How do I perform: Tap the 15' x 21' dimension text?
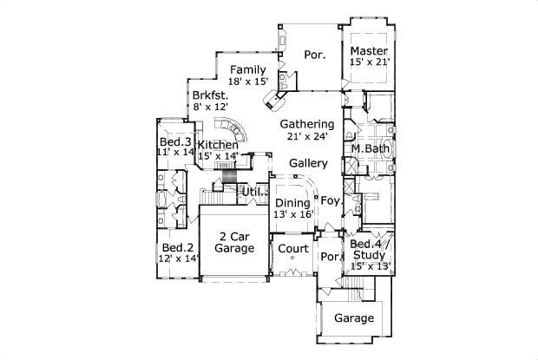pos(371,62)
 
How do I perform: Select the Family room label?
pos(248,69)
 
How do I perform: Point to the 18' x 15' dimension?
pos(248,81)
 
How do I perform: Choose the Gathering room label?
pos(307,124)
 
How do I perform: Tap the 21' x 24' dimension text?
pos(307,136)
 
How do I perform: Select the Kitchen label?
pos(218,145)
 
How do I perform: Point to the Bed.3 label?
pos(174,141)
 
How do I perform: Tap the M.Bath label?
pos(370,149)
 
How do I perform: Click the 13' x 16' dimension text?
pos(292,213)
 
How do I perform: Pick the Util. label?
pos(253,191)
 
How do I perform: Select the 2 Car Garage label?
pos(234,242)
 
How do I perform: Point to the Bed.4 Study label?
pos(370,250)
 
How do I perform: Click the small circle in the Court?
pos(292,259)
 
